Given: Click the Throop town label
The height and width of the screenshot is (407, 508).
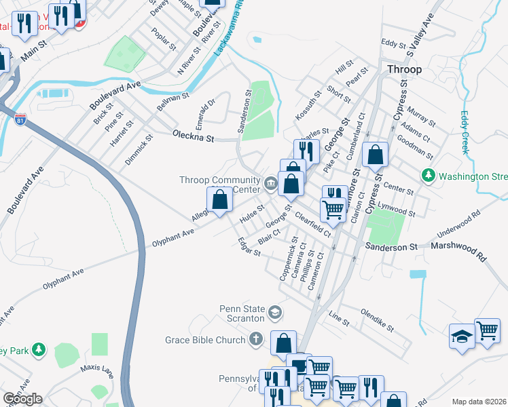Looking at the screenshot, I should pyautogui.click(x=404, y=69).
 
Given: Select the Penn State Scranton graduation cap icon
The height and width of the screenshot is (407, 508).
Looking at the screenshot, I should pyautogui.click(x=275, y=312).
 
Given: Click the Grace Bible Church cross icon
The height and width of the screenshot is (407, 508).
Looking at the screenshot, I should pyautogui.click(x=255, y=338).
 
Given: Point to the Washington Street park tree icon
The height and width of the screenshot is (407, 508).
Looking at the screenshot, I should pyautogui.click(x=429, y=176).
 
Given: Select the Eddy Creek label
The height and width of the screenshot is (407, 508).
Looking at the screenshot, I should pyautogui.click(x=465, y=132).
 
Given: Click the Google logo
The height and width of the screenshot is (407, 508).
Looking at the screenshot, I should pyautogui.click(x=22, y=399).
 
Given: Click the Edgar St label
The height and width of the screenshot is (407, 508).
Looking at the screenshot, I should pyautogui.click(x=249, y=247).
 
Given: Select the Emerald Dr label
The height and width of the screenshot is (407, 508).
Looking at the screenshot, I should pyautogui.click(x=204, y=113).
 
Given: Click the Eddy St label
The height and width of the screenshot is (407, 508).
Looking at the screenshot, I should pyautogui.click(x=393, y=44).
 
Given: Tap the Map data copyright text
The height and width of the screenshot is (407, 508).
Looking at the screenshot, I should pyautogui.click(x=479, y=402).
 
